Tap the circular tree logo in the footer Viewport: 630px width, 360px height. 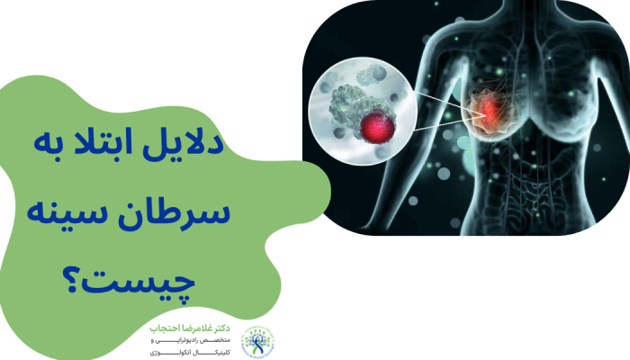click(258, 340)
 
